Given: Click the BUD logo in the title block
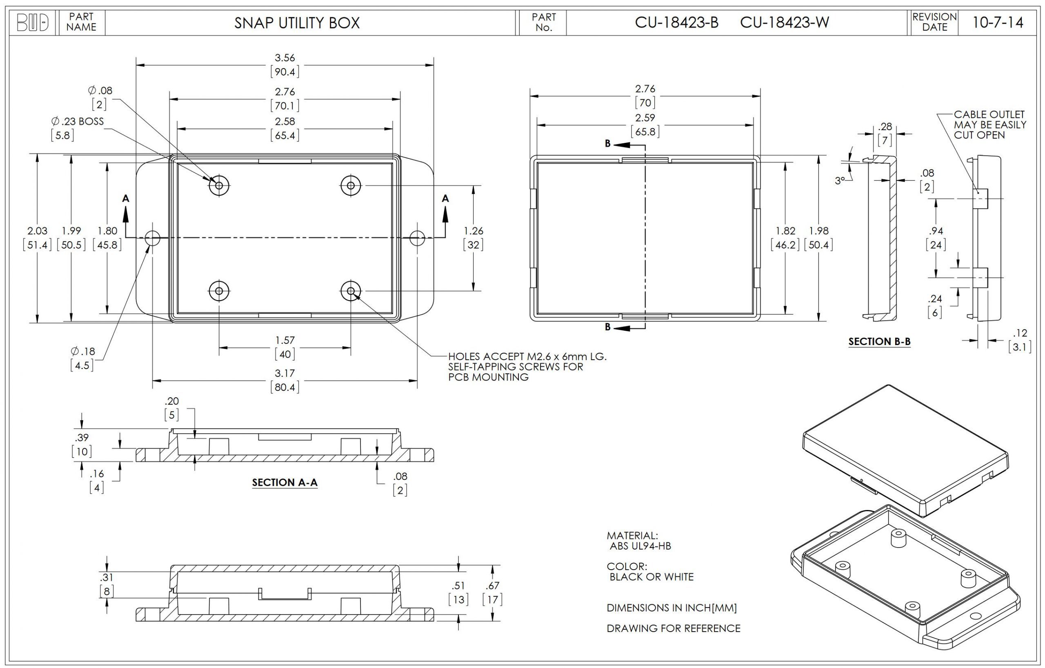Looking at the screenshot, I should (x=33, y=22).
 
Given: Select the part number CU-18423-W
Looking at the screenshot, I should (x=784, y=22).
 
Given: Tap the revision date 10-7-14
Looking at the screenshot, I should (x=998, y=22).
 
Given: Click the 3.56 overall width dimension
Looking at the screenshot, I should (x=285, y=58).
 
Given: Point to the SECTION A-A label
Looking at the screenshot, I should (x=285, y=482).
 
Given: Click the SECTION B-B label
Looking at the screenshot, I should (x=879, y=342).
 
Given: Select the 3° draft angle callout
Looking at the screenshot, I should (x=840, y=180).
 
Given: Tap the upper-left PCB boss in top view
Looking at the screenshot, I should (x=219, y=186).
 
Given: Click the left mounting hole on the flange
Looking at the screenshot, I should (x=152, y=238).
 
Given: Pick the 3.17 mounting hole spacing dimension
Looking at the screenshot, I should (x=285, y=373).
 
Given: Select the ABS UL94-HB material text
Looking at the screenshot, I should (x=640, y=546).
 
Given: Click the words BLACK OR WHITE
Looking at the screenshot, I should (x=651, y=577).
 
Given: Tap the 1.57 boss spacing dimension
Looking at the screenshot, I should (x=285, y=340).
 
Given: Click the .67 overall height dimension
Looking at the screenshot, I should (x=493, y=586).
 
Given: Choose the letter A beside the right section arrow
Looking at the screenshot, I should (x=445, y=199).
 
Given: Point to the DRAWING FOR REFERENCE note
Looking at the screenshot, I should (x=673, y=628).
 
